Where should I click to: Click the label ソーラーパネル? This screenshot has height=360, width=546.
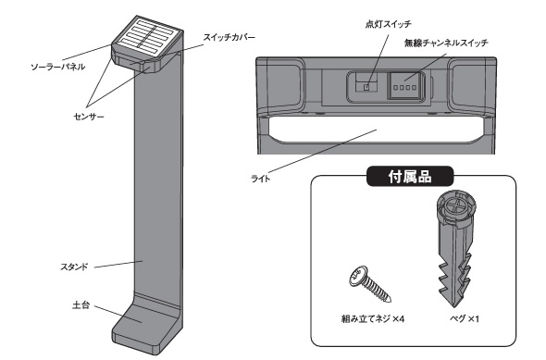click(x=57, y=67)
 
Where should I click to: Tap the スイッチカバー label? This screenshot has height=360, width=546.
click(x=230, y=37)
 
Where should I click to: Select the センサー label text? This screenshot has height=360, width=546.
click(x=89, y=117)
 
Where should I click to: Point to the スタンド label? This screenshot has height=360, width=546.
click(x=74, y=267)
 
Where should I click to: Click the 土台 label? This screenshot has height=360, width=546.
click(x=81, y=305)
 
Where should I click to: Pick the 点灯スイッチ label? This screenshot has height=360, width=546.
click(x=389, y=24)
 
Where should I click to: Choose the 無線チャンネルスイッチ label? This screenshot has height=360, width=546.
click(x=446, y=43)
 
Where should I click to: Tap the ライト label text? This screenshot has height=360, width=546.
click(x=260, y=179)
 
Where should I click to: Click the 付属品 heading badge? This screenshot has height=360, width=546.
click(x=410, y=177)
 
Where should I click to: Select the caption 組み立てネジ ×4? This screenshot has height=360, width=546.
click(x=373, y=318)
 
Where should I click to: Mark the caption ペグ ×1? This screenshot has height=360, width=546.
click(x=465, y=318)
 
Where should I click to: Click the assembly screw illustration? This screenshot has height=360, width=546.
click(x=370, y=284)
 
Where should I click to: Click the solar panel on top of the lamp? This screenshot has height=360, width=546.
click(x=147, y=37)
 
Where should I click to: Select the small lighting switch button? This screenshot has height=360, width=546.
click(x=366, y=87)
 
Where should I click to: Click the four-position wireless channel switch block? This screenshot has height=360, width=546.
click(x=405, y=86)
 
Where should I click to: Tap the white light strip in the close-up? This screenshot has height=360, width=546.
click(x=376, y=130)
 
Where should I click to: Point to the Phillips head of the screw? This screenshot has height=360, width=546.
click(x=358, y=276)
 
